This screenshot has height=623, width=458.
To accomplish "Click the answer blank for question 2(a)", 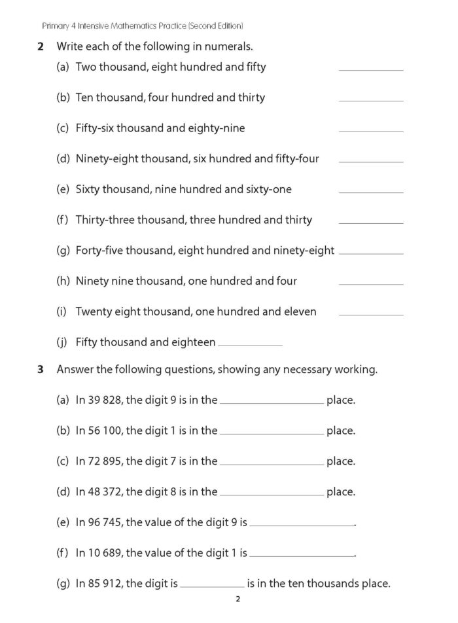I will click(x=371, y=69).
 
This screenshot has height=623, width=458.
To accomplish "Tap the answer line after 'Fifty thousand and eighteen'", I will click(x=250, y=345).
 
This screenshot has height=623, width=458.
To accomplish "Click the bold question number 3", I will click(x=41, y=370).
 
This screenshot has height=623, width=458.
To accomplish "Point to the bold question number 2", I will click(x=41, y=46).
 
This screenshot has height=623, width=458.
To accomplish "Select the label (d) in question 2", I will click(x=63, y=158).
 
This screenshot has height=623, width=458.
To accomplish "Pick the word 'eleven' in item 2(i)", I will click(x=300, y=311).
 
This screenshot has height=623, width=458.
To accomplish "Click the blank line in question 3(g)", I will click(x=211, y=586).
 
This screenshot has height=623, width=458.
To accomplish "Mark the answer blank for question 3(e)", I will click(x=301, y=525).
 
